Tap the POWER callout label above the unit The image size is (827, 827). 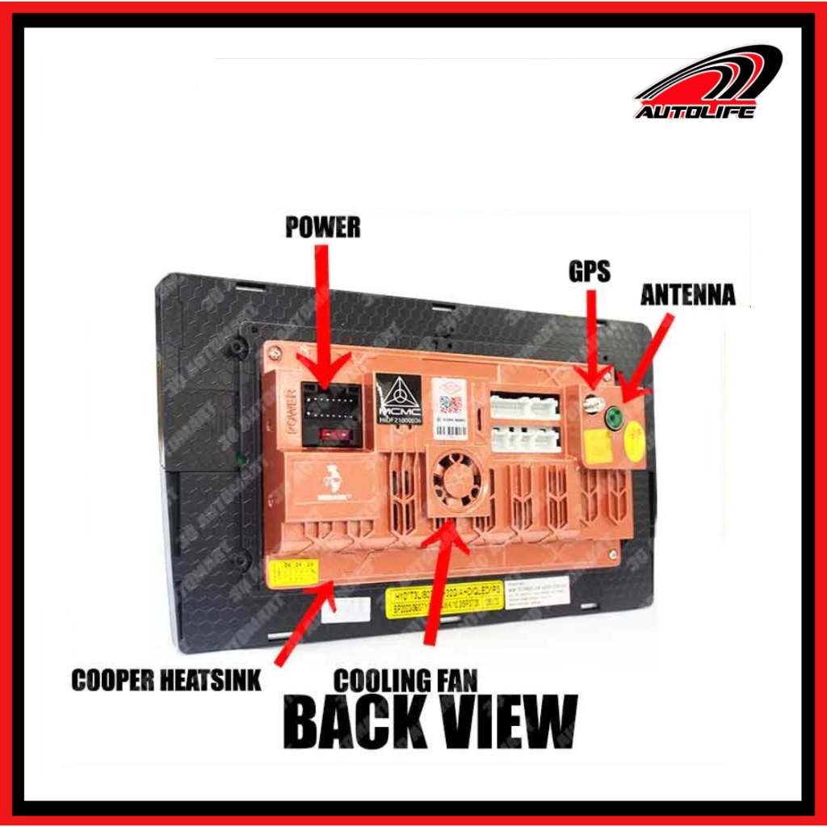[322, 228]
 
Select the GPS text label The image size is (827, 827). [590, 272]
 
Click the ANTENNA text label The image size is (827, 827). [687, 296]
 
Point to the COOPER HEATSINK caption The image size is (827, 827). [166, 681]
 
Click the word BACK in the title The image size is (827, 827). [360, 721]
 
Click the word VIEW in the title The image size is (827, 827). [512, 721]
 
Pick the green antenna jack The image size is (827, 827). [615, 418]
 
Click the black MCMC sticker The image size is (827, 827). [400, 399]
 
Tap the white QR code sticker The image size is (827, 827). [450, 407]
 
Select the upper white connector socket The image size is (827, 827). [524, 406]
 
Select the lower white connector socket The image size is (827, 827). [524, 439]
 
